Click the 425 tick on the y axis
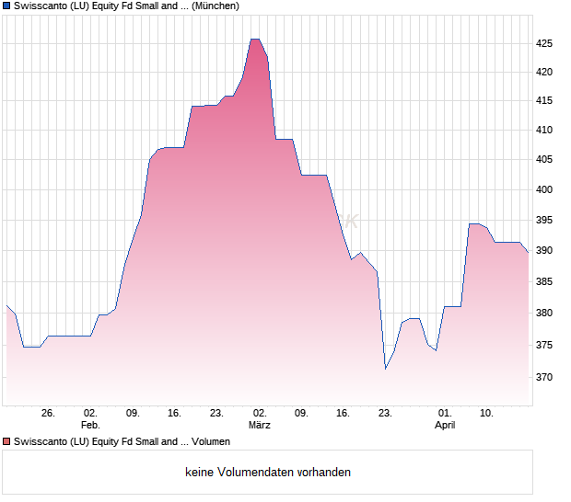(x=544, y=43)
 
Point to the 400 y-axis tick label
(x=544, y=189)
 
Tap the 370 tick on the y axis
(x=544, y=377)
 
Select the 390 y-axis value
(x=544, y=250)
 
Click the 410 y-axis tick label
(x=544, y=131)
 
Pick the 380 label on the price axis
(x=544, y=313)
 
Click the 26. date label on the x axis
(x=48, y=413)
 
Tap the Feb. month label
(x=90, y=425)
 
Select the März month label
(x=260, y=425)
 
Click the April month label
(x=445, y=425)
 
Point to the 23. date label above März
(x=216, y=413)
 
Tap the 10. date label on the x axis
(x=487, y=413)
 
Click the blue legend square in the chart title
(x=6, y=6)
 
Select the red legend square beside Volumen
(x=6, y=442)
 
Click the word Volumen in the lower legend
(x=211, y=442)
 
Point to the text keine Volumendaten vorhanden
(x=268, y=473)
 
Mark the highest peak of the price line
(x=255, y=40)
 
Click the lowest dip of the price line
(x=386, y=369)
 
